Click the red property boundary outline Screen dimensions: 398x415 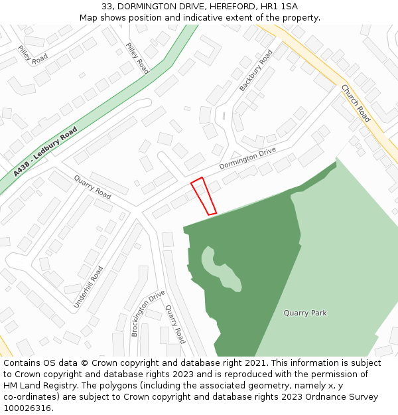(204, 197)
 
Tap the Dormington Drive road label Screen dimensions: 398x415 (247, 158)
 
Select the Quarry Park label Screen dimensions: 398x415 (305, 313)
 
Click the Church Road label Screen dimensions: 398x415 (356, 104)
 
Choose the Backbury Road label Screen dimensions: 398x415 (256, 70)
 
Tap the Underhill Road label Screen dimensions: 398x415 (88, 288)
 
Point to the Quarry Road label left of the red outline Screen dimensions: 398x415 (93, 187)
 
